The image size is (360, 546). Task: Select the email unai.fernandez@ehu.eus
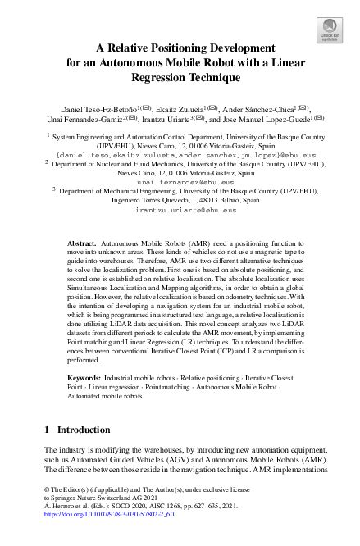[x=179, y=182]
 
